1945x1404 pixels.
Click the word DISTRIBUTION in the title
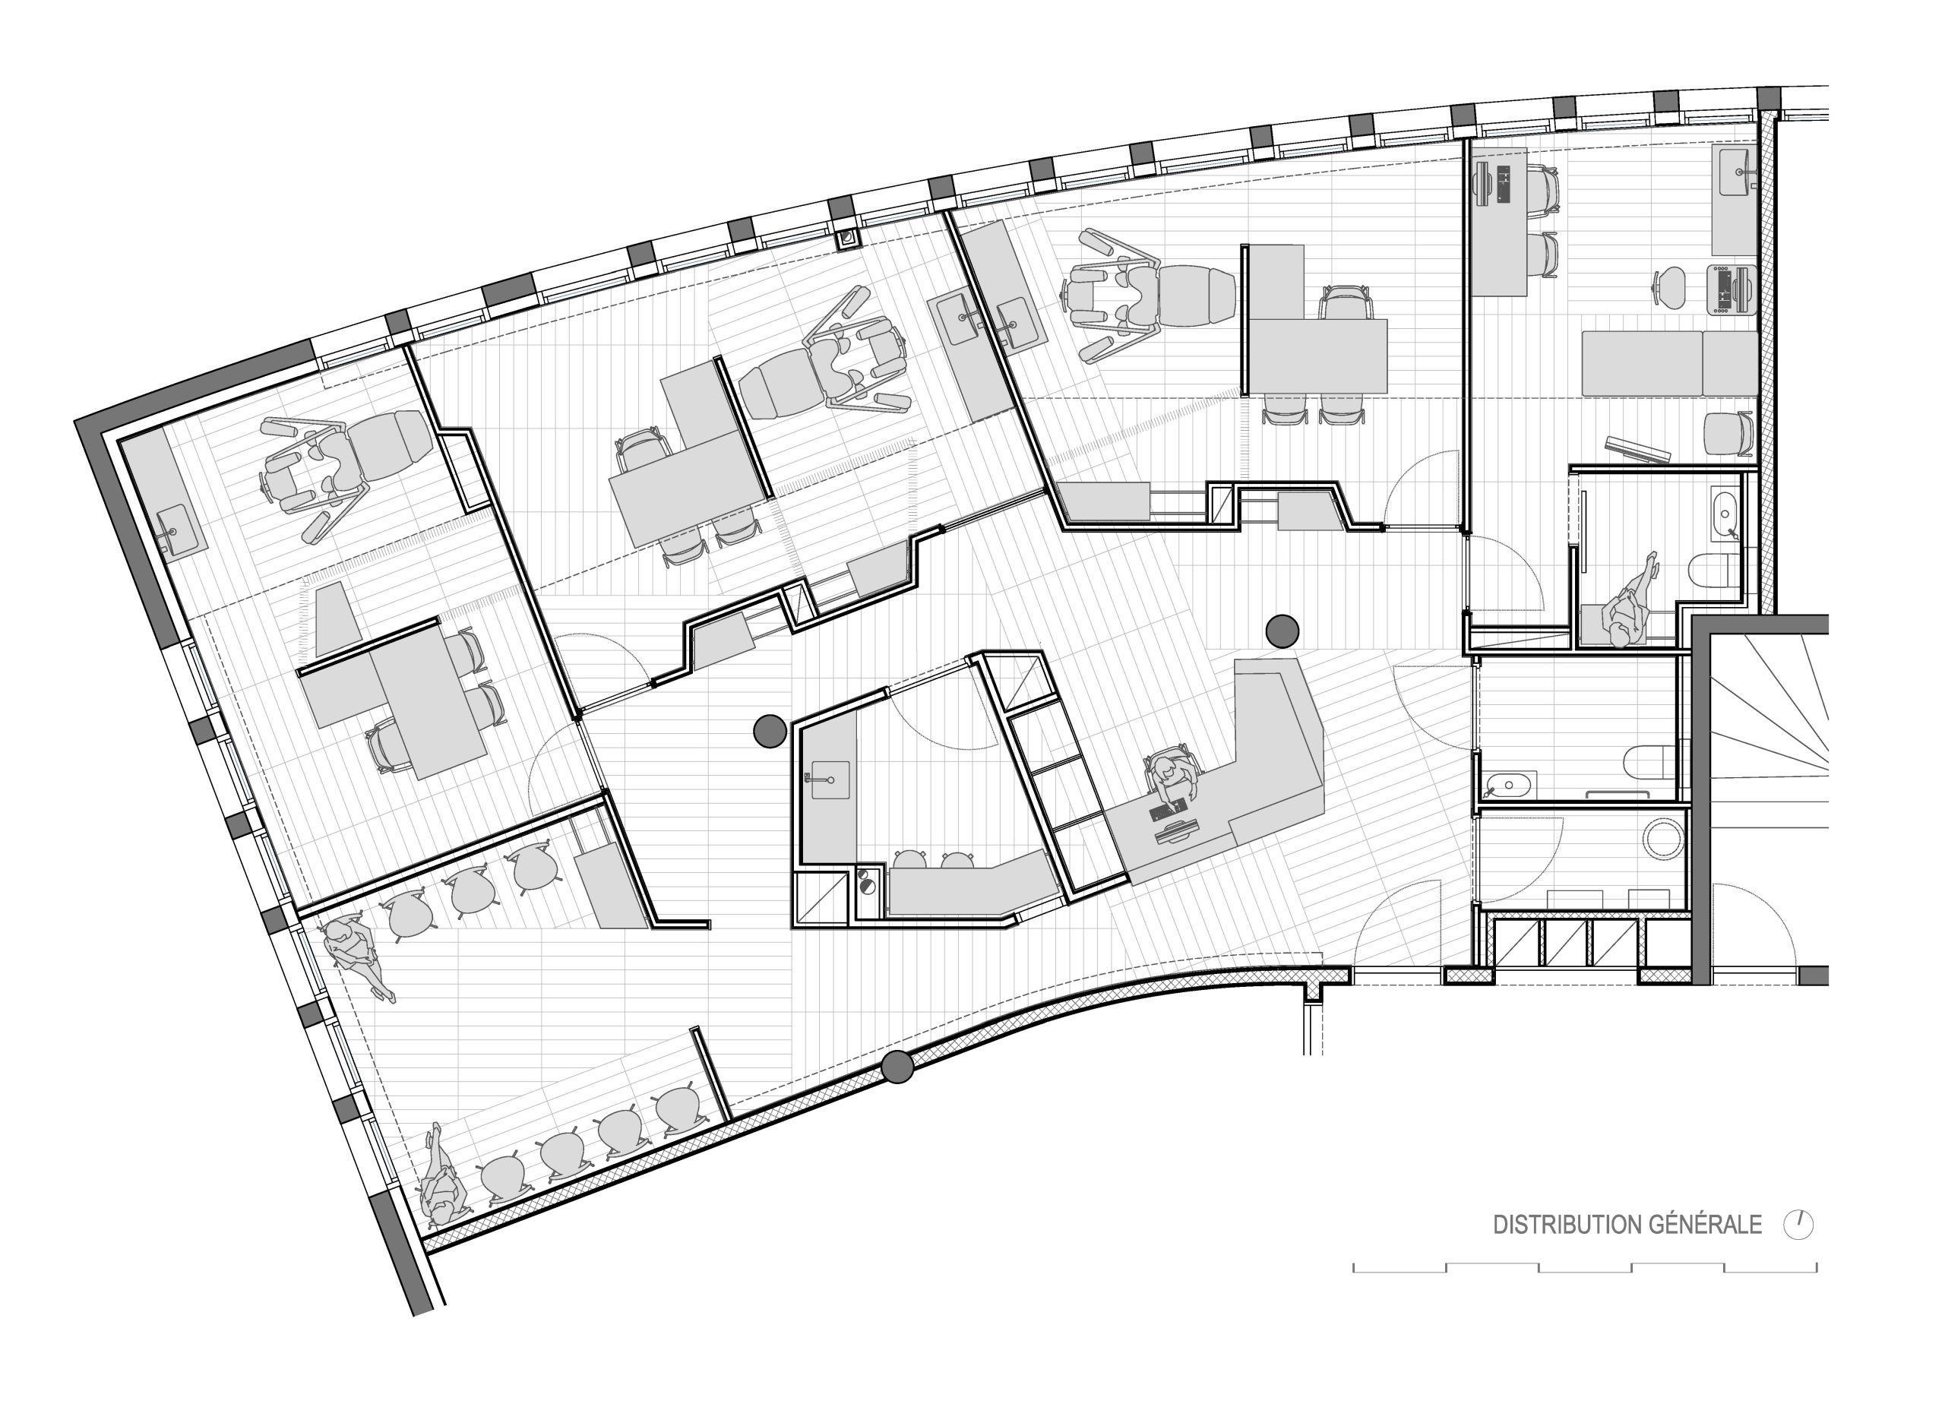tap(1567, 1225)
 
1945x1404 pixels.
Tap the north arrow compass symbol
tap(1799, 1225)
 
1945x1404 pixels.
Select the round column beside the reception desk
tap(1282, 631)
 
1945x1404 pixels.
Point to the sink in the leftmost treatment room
tap(179, 526)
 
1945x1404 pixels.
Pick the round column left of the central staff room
tap(769, 731)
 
